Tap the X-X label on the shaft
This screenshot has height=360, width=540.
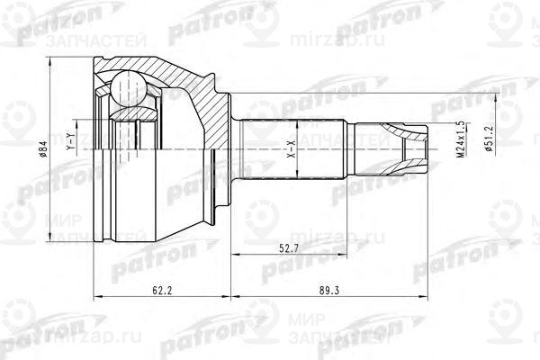pos(291,147)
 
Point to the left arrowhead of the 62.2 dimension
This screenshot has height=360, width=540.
pos(95,297)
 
